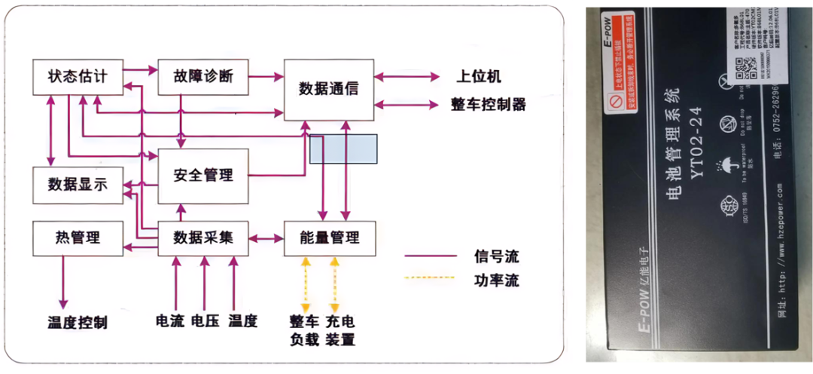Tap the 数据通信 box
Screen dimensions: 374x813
pyautogui.click(x=329, y=89)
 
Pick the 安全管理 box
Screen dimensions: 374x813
pyautogui.click(x=202, y=176)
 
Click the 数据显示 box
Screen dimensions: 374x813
pyautogui.click(x=78, y=184)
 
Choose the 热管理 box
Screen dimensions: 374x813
pyautogui.click(x=78, y=238)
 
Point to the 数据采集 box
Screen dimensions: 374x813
pyautogui.click(x=202, y=238)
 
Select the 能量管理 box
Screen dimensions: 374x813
pyautogui.click(x=329, y=238)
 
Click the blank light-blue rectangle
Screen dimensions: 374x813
pyautogui.click(x=343, y=149)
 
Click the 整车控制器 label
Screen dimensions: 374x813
pyautogui.click(x=488, y=104)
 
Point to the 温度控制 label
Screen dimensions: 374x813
pyautogui.click(x=78, y=323)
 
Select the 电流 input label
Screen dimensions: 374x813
pyautogui.click(x=169, y=320)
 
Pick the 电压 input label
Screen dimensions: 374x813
pyautogui.click(x=205, y=320)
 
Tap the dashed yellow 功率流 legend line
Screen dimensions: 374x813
pyautogui.click(x=430, y=278)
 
